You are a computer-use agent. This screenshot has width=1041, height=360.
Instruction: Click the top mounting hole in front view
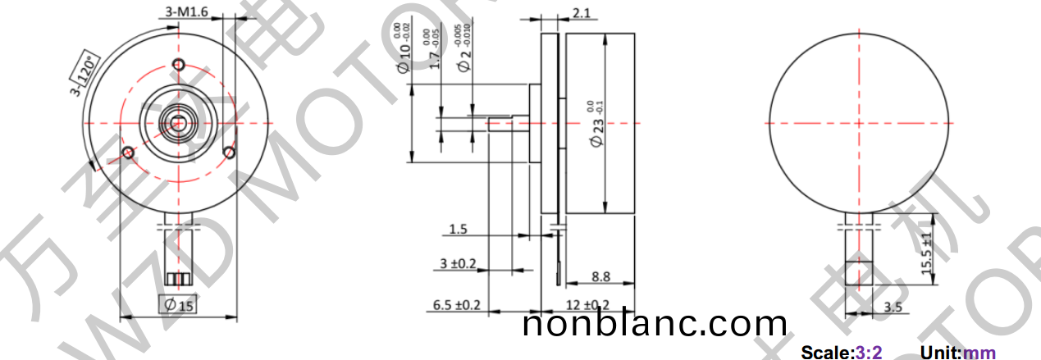[179, 66]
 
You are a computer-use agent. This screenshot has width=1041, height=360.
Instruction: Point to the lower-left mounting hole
[128, 153]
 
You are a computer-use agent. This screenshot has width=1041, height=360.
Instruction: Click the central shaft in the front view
[178, 123]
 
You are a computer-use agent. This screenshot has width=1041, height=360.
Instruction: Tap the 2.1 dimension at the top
[582, 12]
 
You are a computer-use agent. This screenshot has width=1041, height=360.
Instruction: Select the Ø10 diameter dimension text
[404, 49]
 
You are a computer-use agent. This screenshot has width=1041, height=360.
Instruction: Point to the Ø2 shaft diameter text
[465, 49]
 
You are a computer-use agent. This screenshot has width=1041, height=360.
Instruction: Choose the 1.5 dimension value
[459, 230]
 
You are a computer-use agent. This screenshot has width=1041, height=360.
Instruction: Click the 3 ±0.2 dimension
[456, 265]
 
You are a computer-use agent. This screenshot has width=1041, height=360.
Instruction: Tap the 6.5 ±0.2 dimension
[456, 305]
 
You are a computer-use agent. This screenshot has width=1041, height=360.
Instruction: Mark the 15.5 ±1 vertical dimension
[927, 255]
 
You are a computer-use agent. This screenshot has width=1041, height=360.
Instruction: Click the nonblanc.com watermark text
[655, 324]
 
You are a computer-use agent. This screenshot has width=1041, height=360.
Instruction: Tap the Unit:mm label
[957, 353]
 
